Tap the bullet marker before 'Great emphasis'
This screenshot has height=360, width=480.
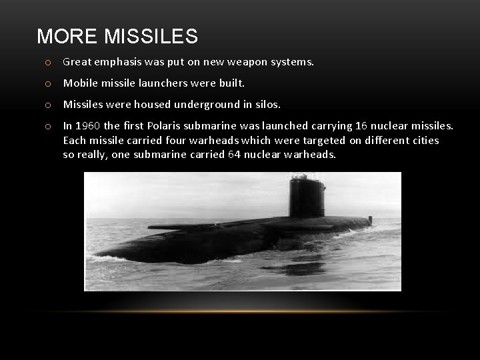coord(49,63)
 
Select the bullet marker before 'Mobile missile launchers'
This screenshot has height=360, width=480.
coord(49,84)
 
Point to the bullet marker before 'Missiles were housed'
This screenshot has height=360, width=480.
coord(49,105)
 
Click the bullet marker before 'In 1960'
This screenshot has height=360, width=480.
coord(49,126)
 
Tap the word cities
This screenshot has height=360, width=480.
coord(425,140)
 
